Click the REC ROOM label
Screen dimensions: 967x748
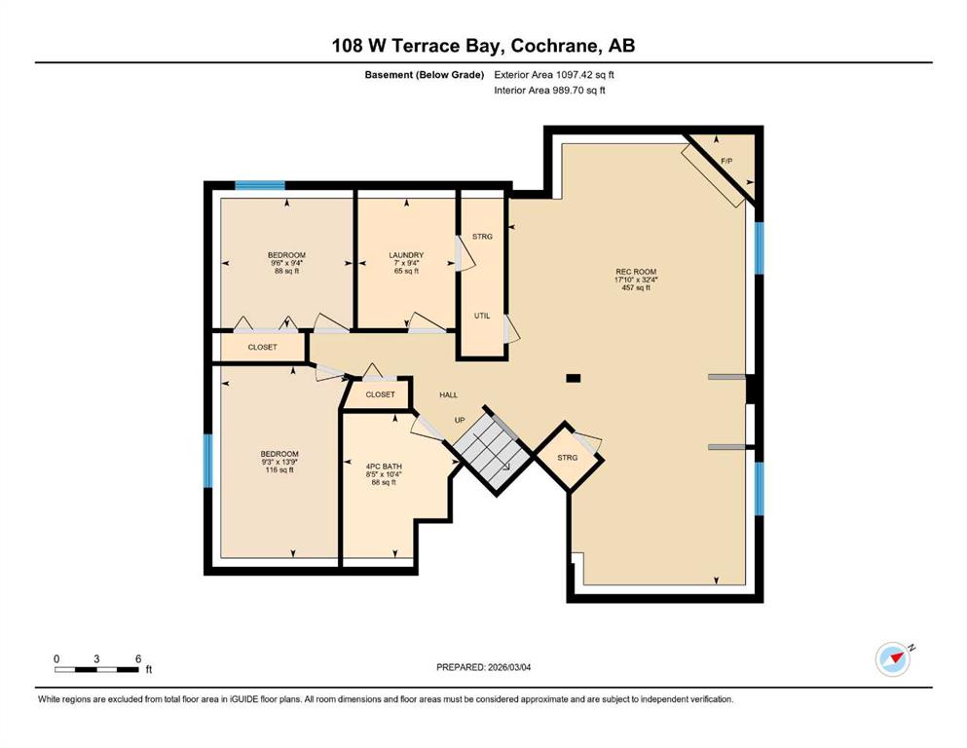click(636, 272)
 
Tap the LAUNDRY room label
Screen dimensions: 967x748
click(406, 254)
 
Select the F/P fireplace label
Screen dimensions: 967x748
click(726, 161)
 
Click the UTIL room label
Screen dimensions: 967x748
click(482, 316)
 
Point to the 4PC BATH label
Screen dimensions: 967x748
click(384, 467)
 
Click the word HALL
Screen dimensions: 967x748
click(448, 394)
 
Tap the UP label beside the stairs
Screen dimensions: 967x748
click(460, 420)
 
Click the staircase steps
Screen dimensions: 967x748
click(492, 448)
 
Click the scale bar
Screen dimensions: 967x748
click(96, 669)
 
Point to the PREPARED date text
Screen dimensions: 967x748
click(483, 667)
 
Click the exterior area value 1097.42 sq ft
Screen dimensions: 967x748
click(585, 75)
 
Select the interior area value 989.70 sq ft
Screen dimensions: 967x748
click(578, 90)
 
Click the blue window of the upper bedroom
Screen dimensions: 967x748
click(260, 185)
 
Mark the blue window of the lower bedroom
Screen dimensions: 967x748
click(207, 462)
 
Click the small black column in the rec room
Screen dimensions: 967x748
click(574, 379)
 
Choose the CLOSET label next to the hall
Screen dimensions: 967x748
click(380, 394)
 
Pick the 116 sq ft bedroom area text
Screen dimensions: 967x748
click(279, 469)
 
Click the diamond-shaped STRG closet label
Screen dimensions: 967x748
click(568, 458)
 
